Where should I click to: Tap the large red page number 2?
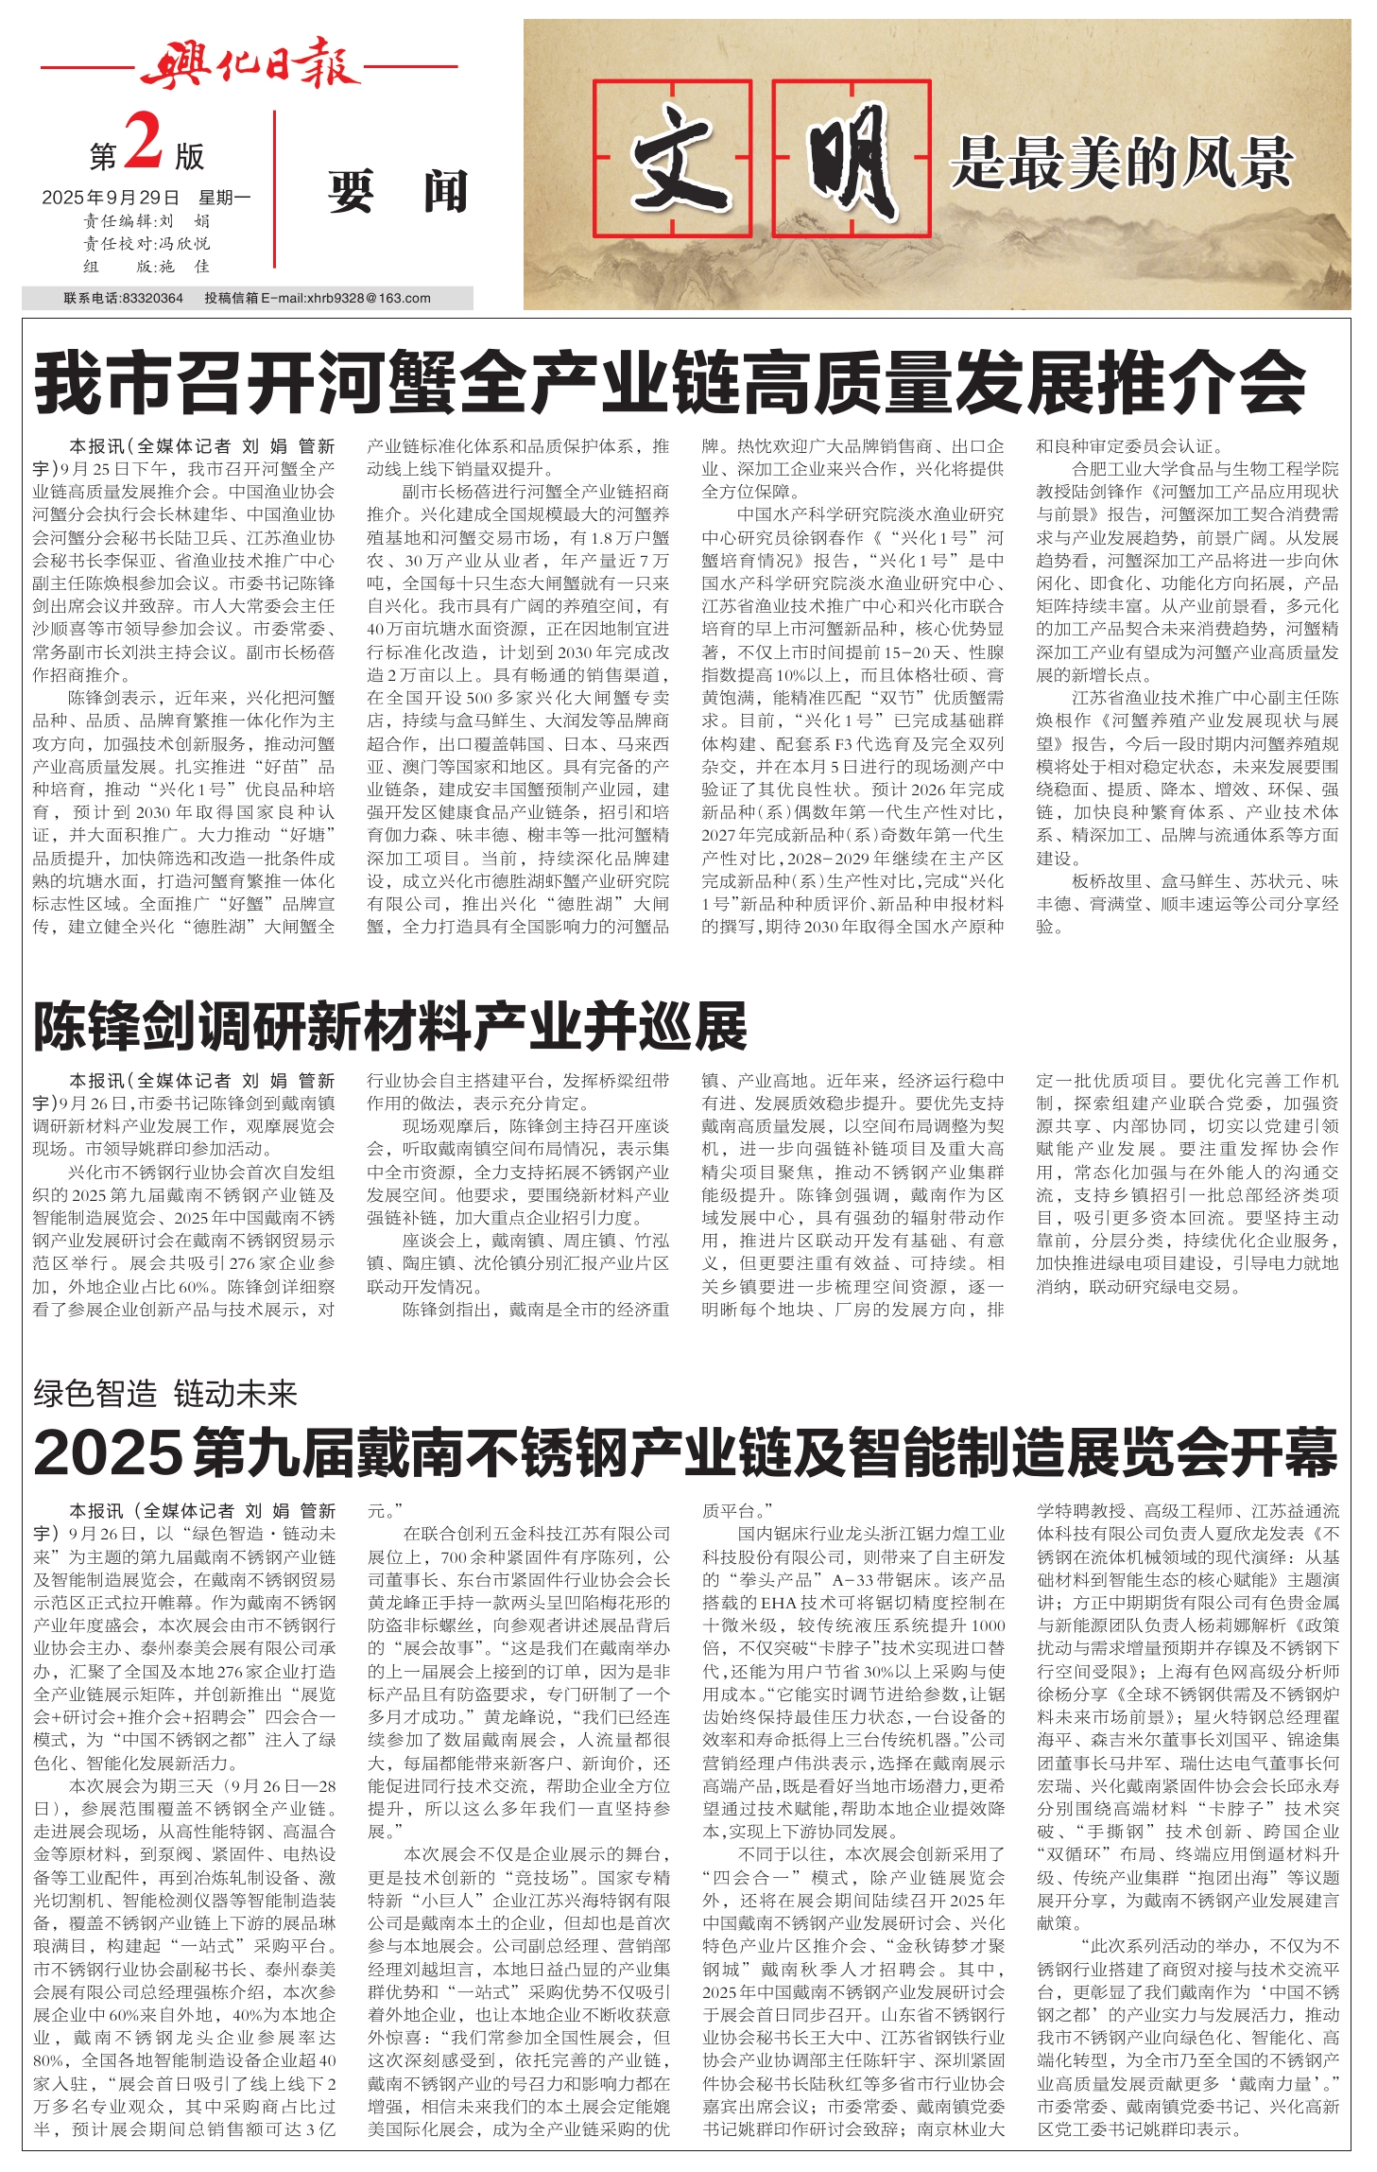click(x=144, y=142)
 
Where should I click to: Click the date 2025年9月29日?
click(x=111, y=198)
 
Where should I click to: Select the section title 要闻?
click(x=398, y=192)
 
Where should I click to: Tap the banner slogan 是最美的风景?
click(x=1122, y=164)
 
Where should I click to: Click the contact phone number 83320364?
click(x=152, y=298)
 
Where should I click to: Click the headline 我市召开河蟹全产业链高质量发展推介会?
click(x=669, y=383)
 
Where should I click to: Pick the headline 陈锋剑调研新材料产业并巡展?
click(x=390, y=1027)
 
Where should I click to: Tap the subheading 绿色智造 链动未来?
click(x=165, y=1393)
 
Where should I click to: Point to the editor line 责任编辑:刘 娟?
click(x=146, y=221)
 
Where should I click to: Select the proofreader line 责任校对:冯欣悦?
click(x=146, y=244)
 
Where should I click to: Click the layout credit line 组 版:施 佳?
click(x=146, y=267)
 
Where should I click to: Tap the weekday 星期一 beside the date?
click(x=224, y=198)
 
